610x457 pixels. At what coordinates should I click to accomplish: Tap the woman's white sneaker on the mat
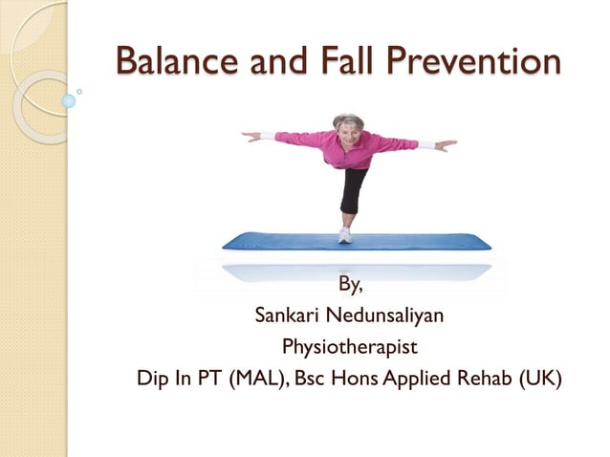tap(345, 235)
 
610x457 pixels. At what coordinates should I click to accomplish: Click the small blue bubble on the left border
tap(68, 100)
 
